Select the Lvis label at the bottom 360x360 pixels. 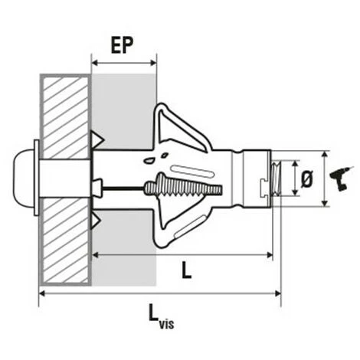[159, 313]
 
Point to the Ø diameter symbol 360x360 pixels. [307, 179]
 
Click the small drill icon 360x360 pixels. [338, 179]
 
